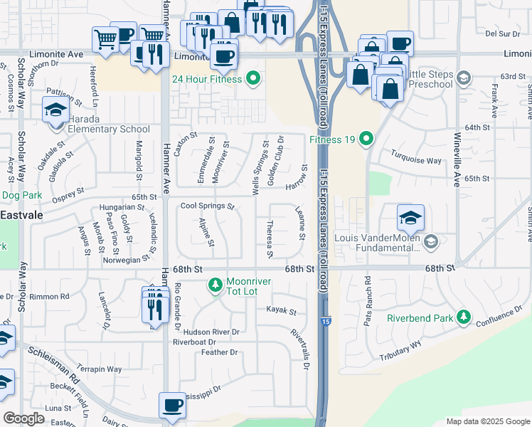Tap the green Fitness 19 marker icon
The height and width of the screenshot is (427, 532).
(366, 138)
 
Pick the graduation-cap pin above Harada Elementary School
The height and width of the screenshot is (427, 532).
(55, 110)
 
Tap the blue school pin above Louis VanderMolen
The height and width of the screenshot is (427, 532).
(410, 217)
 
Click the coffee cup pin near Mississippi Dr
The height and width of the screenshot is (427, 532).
(172, 406)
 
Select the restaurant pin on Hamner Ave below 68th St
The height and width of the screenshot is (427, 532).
(153, 307)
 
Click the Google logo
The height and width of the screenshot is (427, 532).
(24, 418)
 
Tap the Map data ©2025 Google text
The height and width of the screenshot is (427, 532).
(487, 421)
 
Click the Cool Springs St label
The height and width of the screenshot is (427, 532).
(207, 206)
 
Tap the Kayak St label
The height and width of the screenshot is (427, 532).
(281, 311)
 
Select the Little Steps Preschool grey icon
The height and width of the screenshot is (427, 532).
(464, 78)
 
